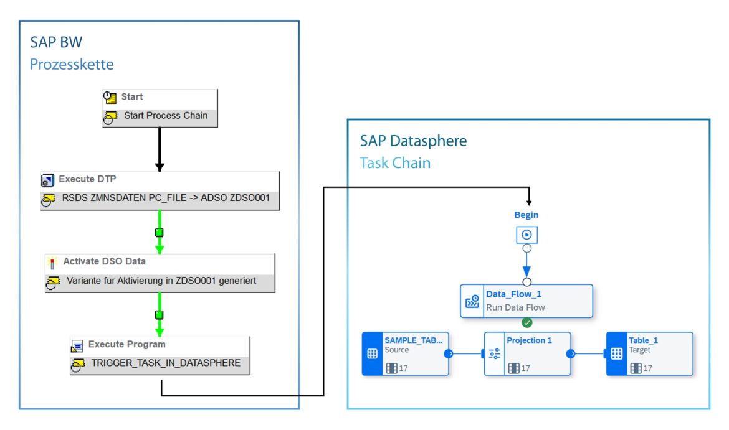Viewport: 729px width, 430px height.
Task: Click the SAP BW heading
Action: (56, 42)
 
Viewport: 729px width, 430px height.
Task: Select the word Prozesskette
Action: (72, 64)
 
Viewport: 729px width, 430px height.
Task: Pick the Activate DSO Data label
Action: (104, 261)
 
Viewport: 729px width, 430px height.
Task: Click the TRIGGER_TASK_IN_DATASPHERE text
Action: (165, 363)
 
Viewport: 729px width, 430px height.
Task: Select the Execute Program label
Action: (126, 344)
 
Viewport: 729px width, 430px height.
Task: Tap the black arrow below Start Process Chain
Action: (160, 149)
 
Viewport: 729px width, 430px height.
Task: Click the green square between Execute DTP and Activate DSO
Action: (160, 232)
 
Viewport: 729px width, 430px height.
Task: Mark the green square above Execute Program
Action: (160, 314)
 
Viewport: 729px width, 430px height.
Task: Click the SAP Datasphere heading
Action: (413, 141)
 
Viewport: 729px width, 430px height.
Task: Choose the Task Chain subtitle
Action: (395, 163)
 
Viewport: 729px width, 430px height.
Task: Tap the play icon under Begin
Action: (526, 235)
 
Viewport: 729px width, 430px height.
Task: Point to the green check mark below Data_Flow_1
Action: (526, 323)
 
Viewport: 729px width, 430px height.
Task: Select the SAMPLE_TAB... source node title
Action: (414, 340)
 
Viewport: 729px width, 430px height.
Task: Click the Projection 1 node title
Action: (529, 340)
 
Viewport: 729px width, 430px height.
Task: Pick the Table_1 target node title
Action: (643, 340)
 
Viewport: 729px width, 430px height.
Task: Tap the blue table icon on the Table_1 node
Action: (617, 353)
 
